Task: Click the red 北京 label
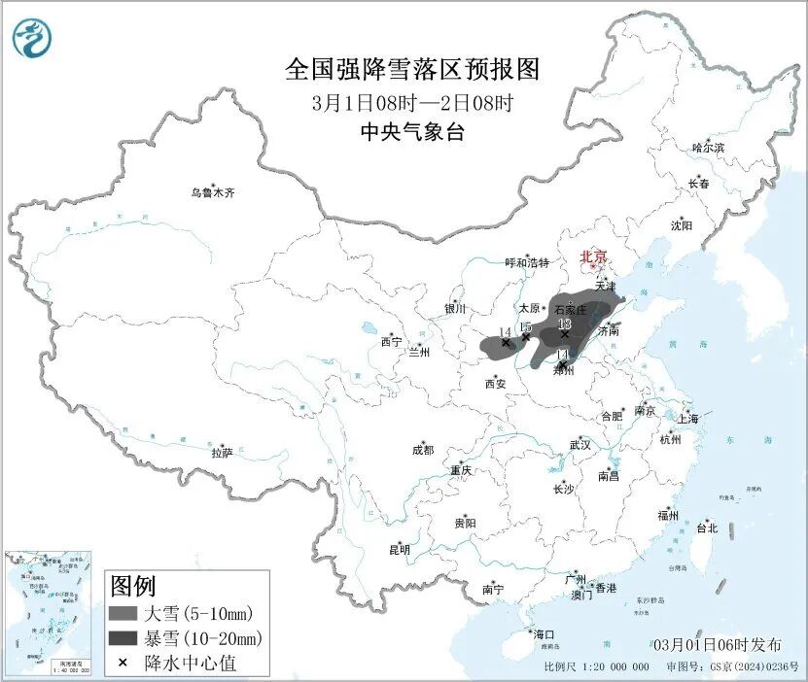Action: click(593, 257)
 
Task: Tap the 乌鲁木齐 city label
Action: click(213, 192)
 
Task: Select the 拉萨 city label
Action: click(222, 452)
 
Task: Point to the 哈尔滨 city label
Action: click(708, 148)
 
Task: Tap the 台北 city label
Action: click(707, 529)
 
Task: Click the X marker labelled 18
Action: click(565, 333)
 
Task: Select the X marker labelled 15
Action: click(526, 337)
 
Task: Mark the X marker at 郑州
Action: click(562, 364)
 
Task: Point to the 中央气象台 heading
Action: click(412, 132)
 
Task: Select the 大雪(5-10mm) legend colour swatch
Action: click(123, 613)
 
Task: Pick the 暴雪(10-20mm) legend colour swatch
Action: click(123, 638)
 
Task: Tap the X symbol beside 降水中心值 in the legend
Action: click(123, 663)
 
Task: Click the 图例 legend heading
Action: click(133, 586)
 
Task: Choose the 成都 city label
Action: click(423, 450)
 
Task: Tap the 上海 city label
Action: click(688, 419)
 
